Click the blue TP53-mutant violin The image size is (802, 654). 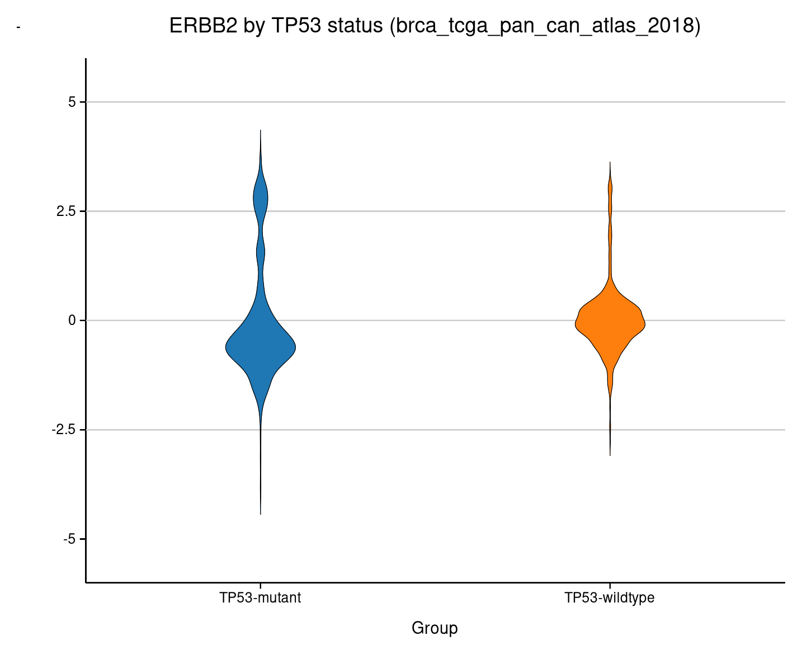[x=261, y=347]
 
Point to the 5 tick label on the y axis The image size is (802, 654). [x=72, y=102]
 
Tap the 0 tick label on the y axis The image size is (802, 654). [x=72, y=321]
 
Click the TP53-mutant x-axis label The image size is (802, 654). [x=261, y=598]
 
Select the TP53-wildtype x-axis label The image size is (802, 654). [x=610, y=598]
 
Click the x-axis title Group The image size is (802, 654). [x=435, y=628]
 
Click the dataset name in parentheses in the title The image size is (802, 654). [x=545, y=26]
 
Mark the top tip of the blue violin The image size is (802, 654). [x=261, y=131]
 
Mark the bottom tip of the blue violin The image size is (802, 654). [x=261, y=514]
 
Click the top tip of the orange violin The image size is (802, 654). [x=610, y=163]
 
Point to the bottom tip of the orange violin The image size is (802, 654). [x=610, y=455]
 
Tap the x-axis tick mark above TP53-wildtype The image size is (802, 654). [x=610, y=585]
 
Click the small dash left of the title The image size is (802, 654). [x=18, y=27]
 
